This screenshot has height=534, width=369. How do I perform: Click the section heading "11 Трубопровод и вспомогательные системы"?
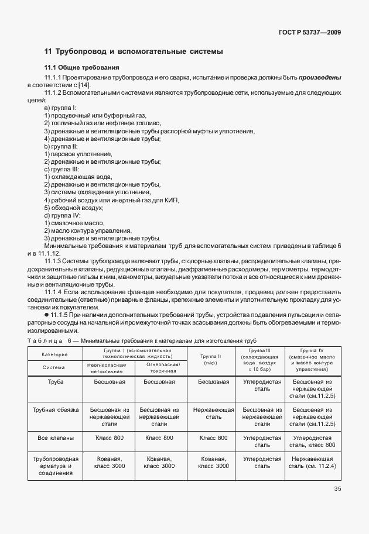(x=134, y=51)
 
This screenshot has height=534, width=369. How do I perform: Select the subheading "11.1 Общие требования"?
(x=81, y=67)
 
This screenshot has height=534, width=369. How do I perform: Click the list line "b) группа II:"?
(x=61, y=146)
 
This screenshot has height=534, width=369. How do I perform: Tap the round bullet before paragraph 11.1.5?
(x=46, y=315)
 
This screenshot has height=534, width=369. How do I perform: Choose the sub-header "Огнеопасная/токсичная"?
(x=160, y=367)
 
